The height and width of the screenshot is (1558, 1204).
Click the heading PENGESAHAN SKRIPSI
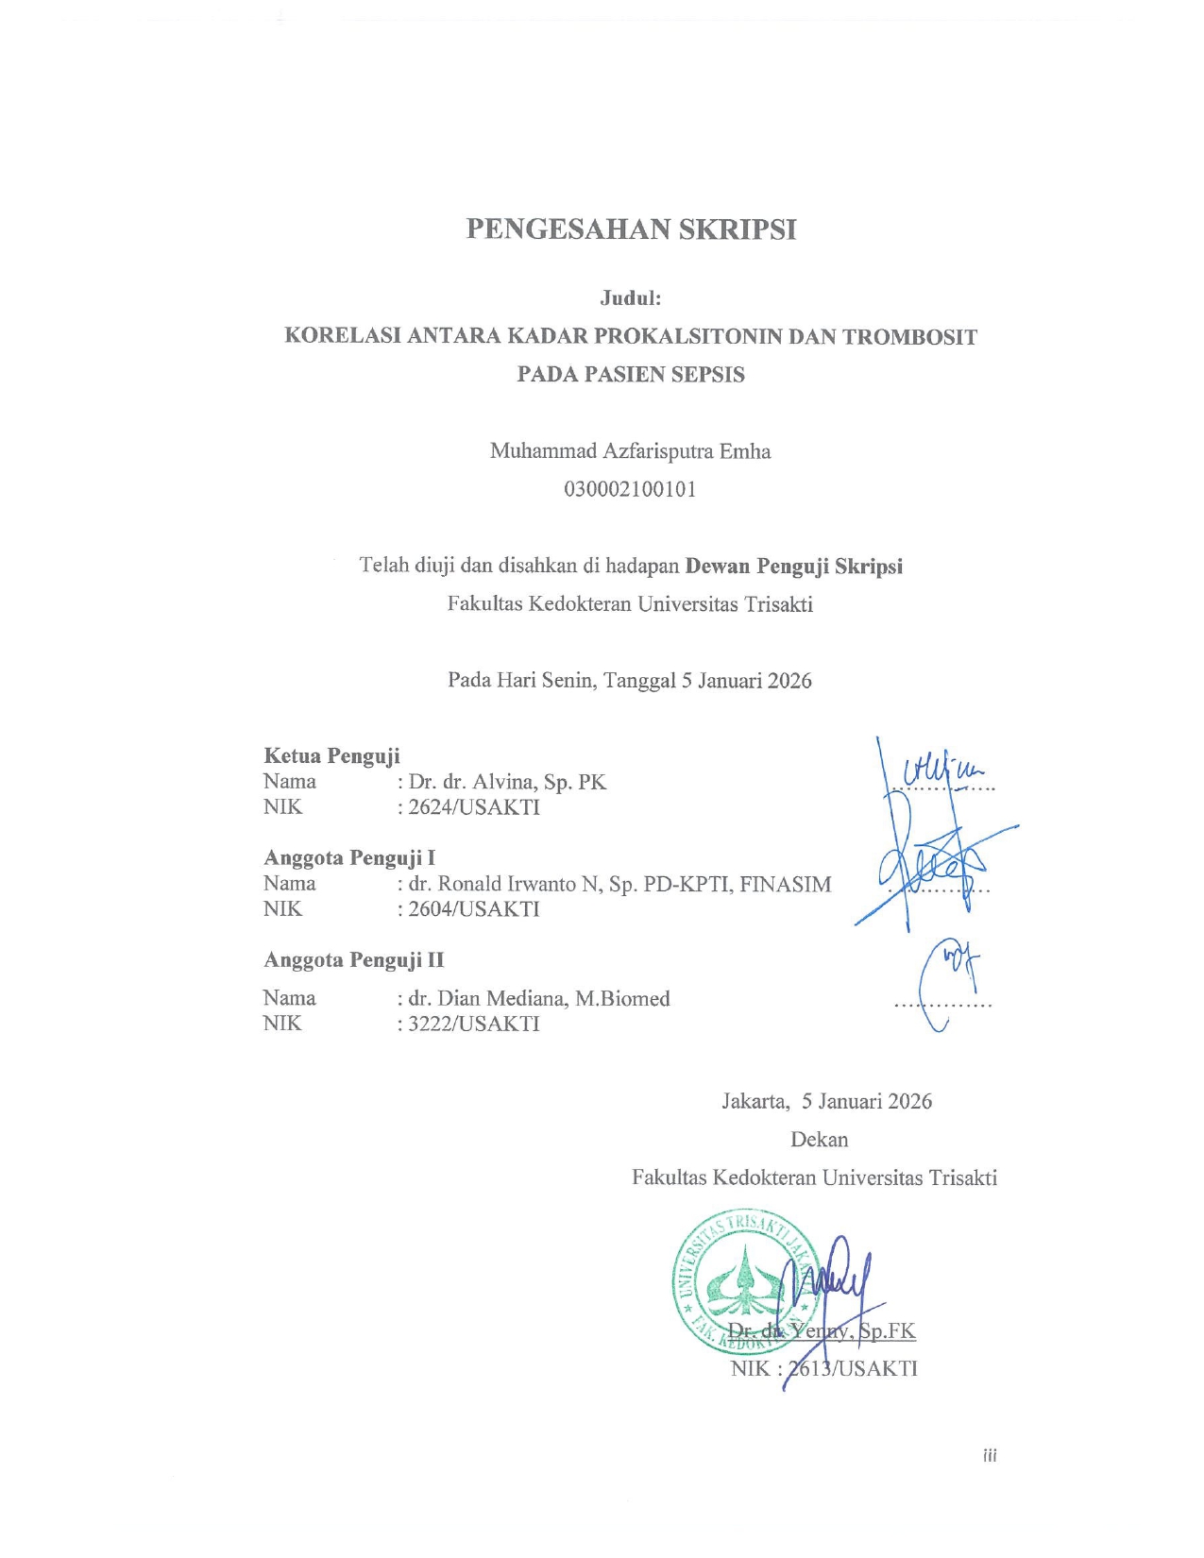pos(631,229)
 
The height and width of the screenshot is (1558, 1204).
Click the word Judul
pos(630,298)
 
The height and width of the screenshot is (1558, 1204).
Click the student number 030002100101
pos(630,489)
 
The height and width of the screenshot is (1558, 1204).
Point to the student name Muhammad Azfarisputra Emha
pos(630,451)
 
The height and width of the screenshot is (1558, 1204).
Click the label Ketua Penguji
pos(331,755)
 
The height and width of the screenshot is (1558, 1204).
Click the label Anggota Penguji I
pos(349,857)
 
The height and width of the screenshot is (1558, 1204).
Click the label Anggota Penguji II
pos(353,960)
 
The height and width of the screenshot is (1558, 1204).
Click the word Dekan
pos(819,1140)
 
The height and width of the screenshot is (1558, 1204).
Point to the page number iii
pos(990,1455)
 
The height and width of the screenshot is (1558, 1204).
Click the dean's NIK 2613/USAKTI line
pos(823,1369)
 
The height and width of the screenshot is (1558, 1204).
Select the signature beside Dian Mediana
pos(947,982)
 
